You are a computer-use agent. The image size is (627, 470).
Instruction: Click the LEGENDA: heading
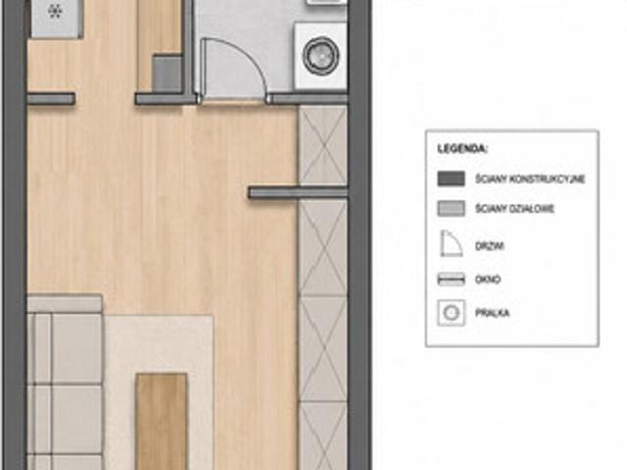[461, 149]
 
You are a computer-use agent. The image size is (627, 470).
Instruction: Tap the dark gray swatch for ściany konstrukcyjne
[451, 179]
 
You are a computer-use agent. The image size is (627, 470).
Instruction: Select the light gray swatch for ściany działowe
[451, 209]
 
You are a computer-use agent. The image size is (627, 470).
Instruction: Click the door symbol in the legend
[451, 243]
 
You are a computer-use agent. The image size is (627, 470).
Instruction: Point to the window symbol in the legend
[451, 279]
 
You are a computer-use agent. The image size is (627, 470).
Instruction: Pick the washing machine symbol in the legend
[451, 312]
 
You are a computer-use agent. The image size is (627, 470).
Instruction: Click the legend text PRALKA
[492, 313]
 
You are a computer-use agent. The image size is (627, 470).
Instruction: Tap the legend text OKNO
[488, 279]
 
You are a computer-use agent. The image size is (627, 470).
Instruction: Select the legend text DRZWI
[490, 246]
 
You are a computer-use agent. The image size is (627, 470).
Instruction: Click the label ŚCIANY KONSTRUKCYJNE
[530, 179]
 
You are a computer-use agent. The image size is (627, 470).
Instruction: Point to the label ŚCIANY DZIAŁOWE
[514, 209]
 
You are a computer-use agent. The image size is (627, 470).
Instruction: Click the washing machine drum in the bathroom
[321, 55]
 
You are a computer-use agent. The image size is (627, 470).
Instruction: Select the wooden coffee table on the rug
[162, 422]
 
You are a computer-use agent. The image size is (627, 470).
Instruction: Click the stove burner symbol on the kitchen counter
[55, 11]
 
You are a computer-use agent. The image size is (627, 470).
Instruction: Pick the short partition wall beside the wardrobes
[298, 192]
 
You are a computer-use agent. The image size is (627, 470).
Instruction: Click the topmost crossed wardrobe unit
[323, 145]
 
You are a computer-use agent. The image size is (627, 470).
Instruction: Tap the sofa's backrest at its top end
[65, 303]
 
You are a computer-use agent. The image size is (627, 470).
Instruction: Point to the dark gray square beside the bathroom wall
[168, 73]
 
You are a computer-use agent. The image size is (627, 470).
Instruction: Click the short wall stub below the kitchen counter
[51, 99]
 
